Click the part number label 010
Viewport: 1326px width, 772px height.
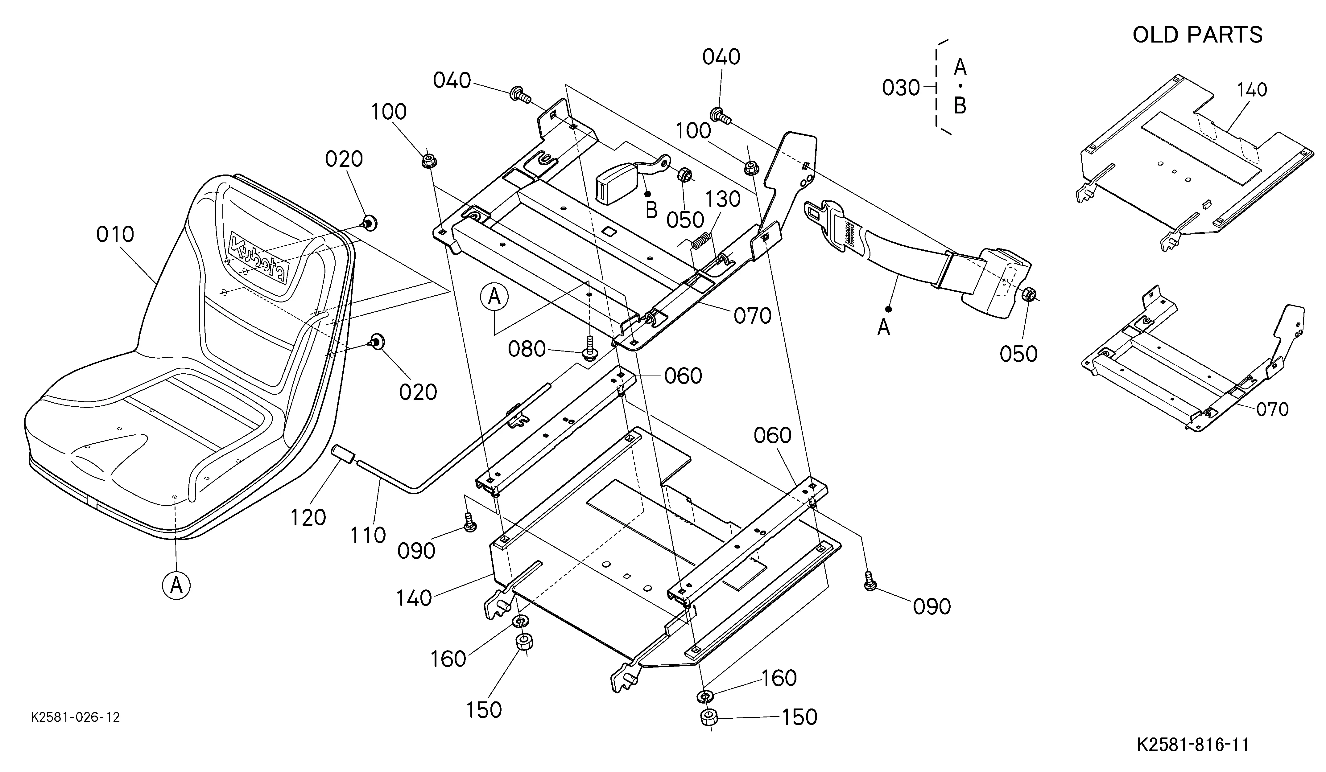coord(115,235)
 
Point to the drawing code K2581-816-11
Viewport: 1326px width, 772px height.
coord(1192,745)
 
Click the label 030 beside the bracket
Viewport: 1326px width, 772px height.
coord(901,88)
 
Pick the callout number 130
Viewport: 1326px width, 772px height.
coord(723,199)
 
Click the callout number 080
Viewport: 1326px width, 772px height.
coord(527,349)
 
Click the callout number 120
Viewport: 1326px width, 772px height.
coord(308,518)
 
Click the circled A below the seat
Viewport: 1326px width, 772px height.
coord(176,585)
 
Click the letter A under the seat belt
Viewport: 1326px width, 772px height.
coord(884,328)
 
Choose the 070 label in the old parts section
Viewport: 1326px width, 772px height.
coord(1272,409)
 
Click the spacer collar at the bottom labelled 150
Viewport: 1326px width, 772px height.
coord(710,717)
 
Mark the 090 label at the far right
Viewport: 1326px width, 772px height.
coord(932,607)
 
